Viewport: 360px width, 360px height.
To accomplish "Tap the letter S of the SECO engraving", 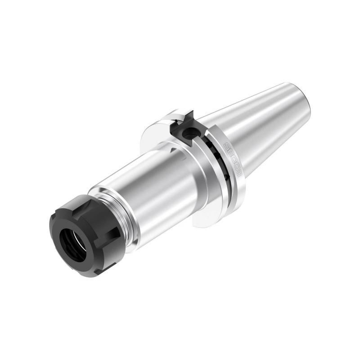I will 226,147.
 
